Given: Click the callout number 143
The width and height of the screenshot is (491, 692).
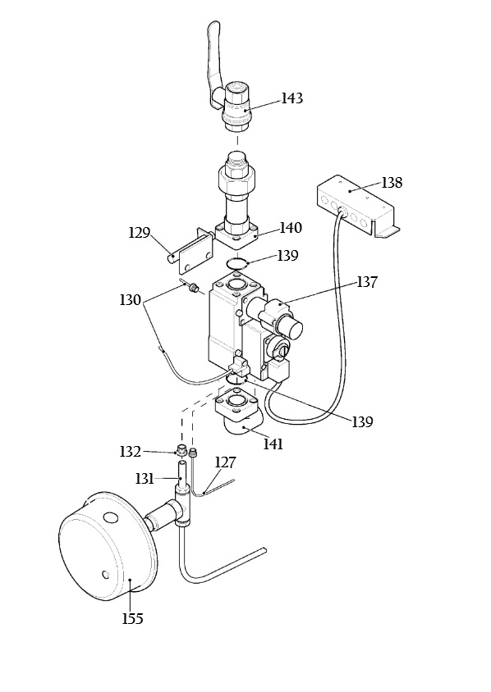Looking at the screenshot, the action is click(292, 98).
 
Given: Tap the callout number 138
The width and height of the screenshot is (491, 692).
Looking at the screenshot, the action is click(392, 183).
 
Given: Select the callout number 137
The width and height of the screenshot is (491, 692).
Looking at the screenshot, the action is click(367, 282).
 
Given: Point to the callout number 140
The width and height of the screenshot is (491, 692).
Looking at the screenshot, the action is click(291, 228).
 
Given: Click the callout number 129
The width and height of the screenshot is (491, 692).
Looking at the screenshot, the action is click(140, 233).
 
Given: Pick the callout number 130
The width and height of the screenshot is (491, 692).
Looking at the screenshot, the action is click(131, 301).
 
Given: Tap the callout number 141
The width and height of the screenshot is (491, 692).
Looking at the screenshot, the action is click(273, 444).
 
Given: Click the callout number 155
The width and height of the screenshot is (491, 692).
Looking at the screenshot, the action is click(132, 619).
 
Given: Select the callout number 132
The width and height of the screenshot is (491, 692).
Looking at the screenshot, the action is click(131, 452).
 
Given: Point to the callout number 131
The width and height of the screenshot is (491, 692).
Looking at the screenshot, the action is click(145, 479).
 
